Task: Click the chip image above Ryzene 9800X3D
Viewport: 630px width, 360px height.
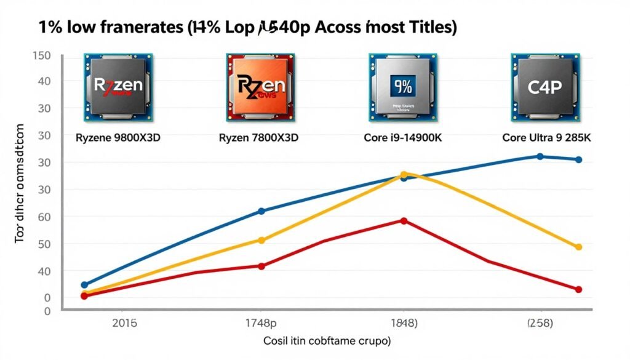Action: click(x=118, y=86)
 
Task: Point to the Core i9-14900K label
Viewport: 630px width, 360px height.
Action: click(x=402, y=138)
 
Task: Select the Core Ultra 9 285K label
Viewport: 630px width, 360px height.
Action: click(x=546, y=138)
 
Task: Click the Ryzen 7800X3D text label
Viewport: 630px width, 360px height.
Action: click(x=258, y=138)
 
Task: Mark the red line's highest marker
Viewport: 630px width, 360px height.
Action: click(x=404, y=220)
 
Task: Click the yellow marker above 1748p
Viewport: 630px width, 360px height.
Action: click(x=261, y=241)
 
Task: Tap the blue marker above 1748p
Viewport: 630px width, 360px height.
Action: click(x=261, y=211)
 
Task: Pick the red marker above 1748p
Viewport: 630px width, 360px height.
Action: click(x=261, y=266)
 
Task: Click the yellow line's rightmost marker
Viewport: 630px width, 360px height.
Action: click(x=578, y=247)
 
